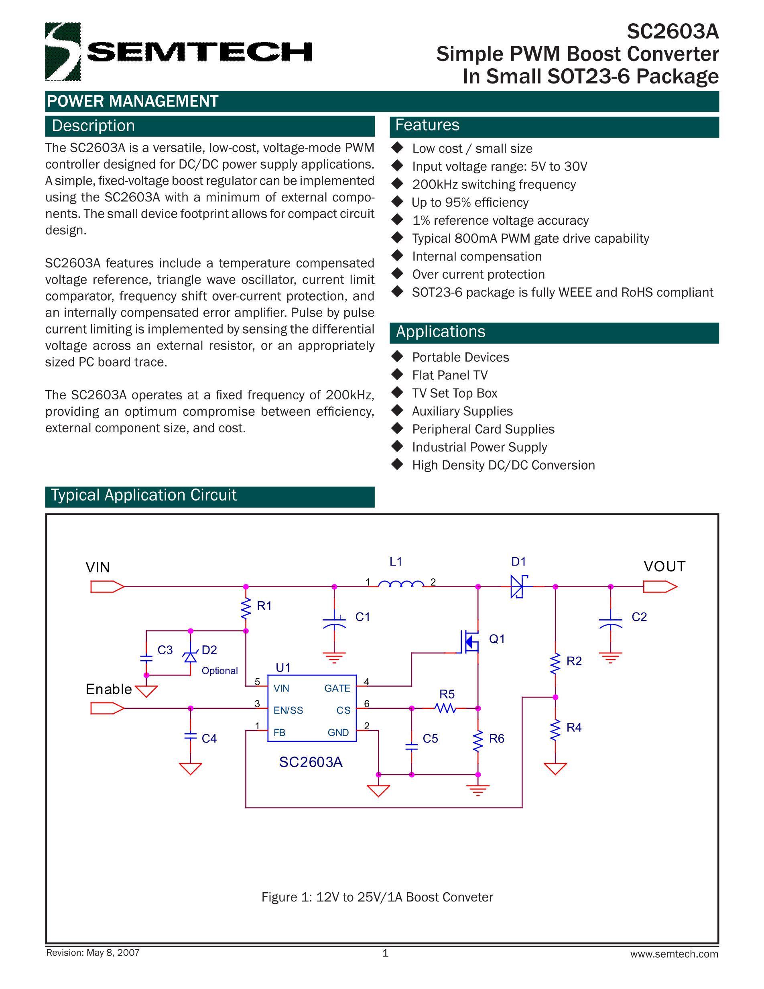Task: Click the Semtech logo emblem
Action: (63, 52)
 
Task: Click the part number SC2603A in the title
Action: (673, 32)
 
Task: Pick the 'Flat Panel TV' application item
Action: (449, 375)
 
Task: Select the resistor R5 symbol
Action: (446, 708)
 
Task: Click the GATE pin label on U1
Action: (337, 688)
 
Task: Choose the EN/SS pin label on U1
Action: (289, 710)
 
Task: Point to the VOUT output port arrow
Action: (660, 587)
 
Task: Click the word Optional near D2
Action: (219, 671)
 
